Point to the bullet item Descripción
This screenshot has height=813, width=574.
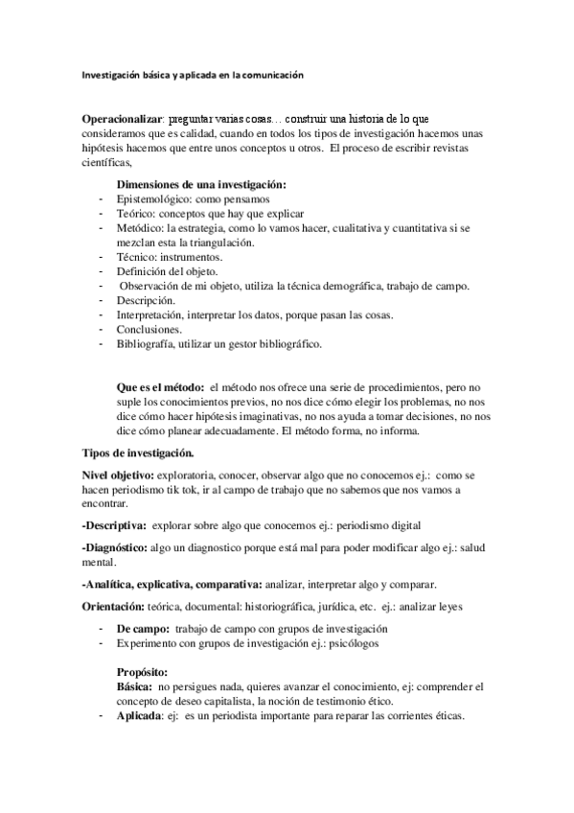(x=145, y=301)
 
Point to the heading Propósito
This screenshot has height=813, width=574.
(x=143, y=672)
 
